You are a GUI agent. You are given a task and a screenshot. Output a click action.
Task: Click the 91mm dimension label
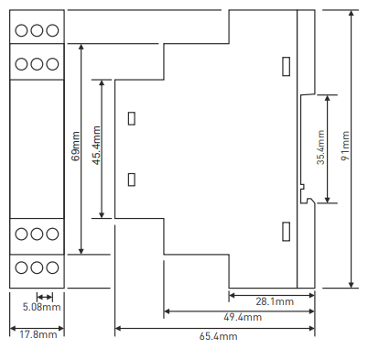tap(346, 146)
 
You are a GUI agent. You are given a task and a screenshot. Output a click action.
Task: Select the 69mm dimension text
tap(75, 146)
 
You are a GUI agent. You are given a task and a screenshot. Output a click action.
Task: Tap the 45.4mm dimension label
tap(96, 146)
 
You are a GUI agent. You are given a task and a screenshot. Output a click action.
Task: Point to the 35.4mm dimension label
tap(320, 147)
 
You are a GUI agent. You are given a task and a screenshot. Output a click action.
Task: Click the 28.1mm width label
tap(275, 301)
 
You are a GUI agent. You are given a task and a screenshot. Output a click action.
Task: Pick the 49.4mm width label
tap(243, 317)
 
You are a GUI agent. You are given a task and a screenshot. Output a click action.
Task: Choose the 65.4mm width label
tap(219, 336)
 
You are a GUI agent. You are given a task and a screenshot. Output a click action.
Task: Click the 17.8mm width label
tap(38, 334)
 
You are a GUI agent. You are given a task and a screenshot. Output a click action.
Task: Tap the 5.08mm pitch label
tap(42, 307)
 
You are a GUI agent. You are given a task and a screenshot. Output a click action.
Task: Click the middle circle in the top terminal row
tap(37, 30)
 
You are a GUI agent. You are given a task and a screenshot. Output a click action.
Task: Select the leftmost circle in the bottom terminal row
tap(21, 267)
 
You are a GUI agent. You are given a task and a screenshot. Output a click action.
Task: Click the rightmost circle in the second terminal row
tap(52, 64)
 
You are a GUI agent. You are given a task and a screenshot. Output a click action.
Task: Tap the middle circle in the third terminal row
tap(37, 235)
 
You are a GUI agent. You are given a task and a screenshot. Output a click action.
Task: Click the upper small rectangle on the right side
tap(286, 66)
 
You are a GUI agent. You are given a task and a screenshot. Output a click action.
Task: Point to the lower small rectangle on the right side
tap(286, 232)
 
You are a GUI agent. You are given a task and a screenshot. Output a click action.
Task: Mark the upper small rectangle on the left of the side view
tap(132, 118)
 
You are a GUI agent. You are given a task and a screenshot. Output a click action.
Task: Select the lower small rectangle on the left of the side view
tap(132, 180)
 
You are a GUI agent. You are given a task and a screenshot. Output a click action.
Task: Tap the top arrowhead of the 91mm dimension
tap(352, 13)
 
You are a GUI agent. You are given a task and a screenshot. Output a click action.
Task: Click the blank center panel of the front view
tap(37, 149)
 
